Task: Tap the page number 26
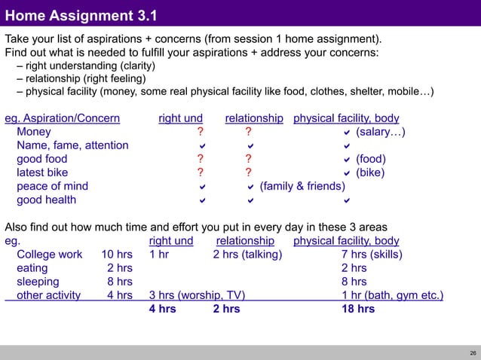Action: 472,352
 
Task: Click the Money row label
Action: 34,132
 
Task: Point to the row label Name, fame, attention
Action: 72,145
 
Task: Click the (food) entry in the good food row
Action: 371,159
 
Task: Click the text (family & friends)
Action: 302,186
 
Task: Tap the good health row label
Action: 46,200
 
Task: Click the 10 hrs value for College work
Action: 117,255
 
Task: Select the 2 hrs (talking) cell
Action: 247,255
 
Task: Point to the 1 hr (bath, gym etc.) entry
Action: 392,295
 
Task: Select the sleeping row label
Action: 40,282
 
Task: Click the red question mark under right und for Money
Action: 200,133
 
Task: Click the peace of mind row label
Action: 52,186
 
